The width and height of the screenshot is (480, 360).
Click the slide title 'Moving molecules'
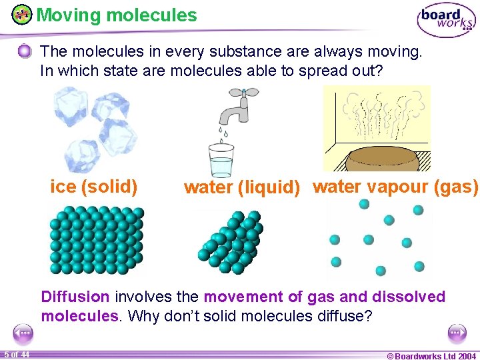(117, 15)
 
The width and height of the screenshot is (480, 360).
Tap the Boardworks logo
(446, 21)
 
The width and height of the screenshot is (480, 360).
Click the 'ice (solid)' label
(94, 187)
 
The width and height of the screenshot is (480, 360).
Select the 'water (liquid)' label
(242, 188)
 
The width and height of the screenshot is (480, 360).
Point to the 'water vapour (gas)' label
(395, 187)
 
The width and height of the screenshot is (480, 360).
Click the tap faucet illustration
(235, 111)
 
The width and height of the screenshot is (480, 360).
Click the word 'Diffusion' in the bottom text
(75, 297)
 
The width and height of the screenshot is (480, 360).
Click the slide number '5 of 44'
(16, 354)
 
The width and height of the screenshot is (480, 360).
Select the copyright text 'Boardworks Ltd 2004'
(432, 355)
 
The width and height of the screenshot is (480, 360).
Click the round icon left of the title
(22, 15)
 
